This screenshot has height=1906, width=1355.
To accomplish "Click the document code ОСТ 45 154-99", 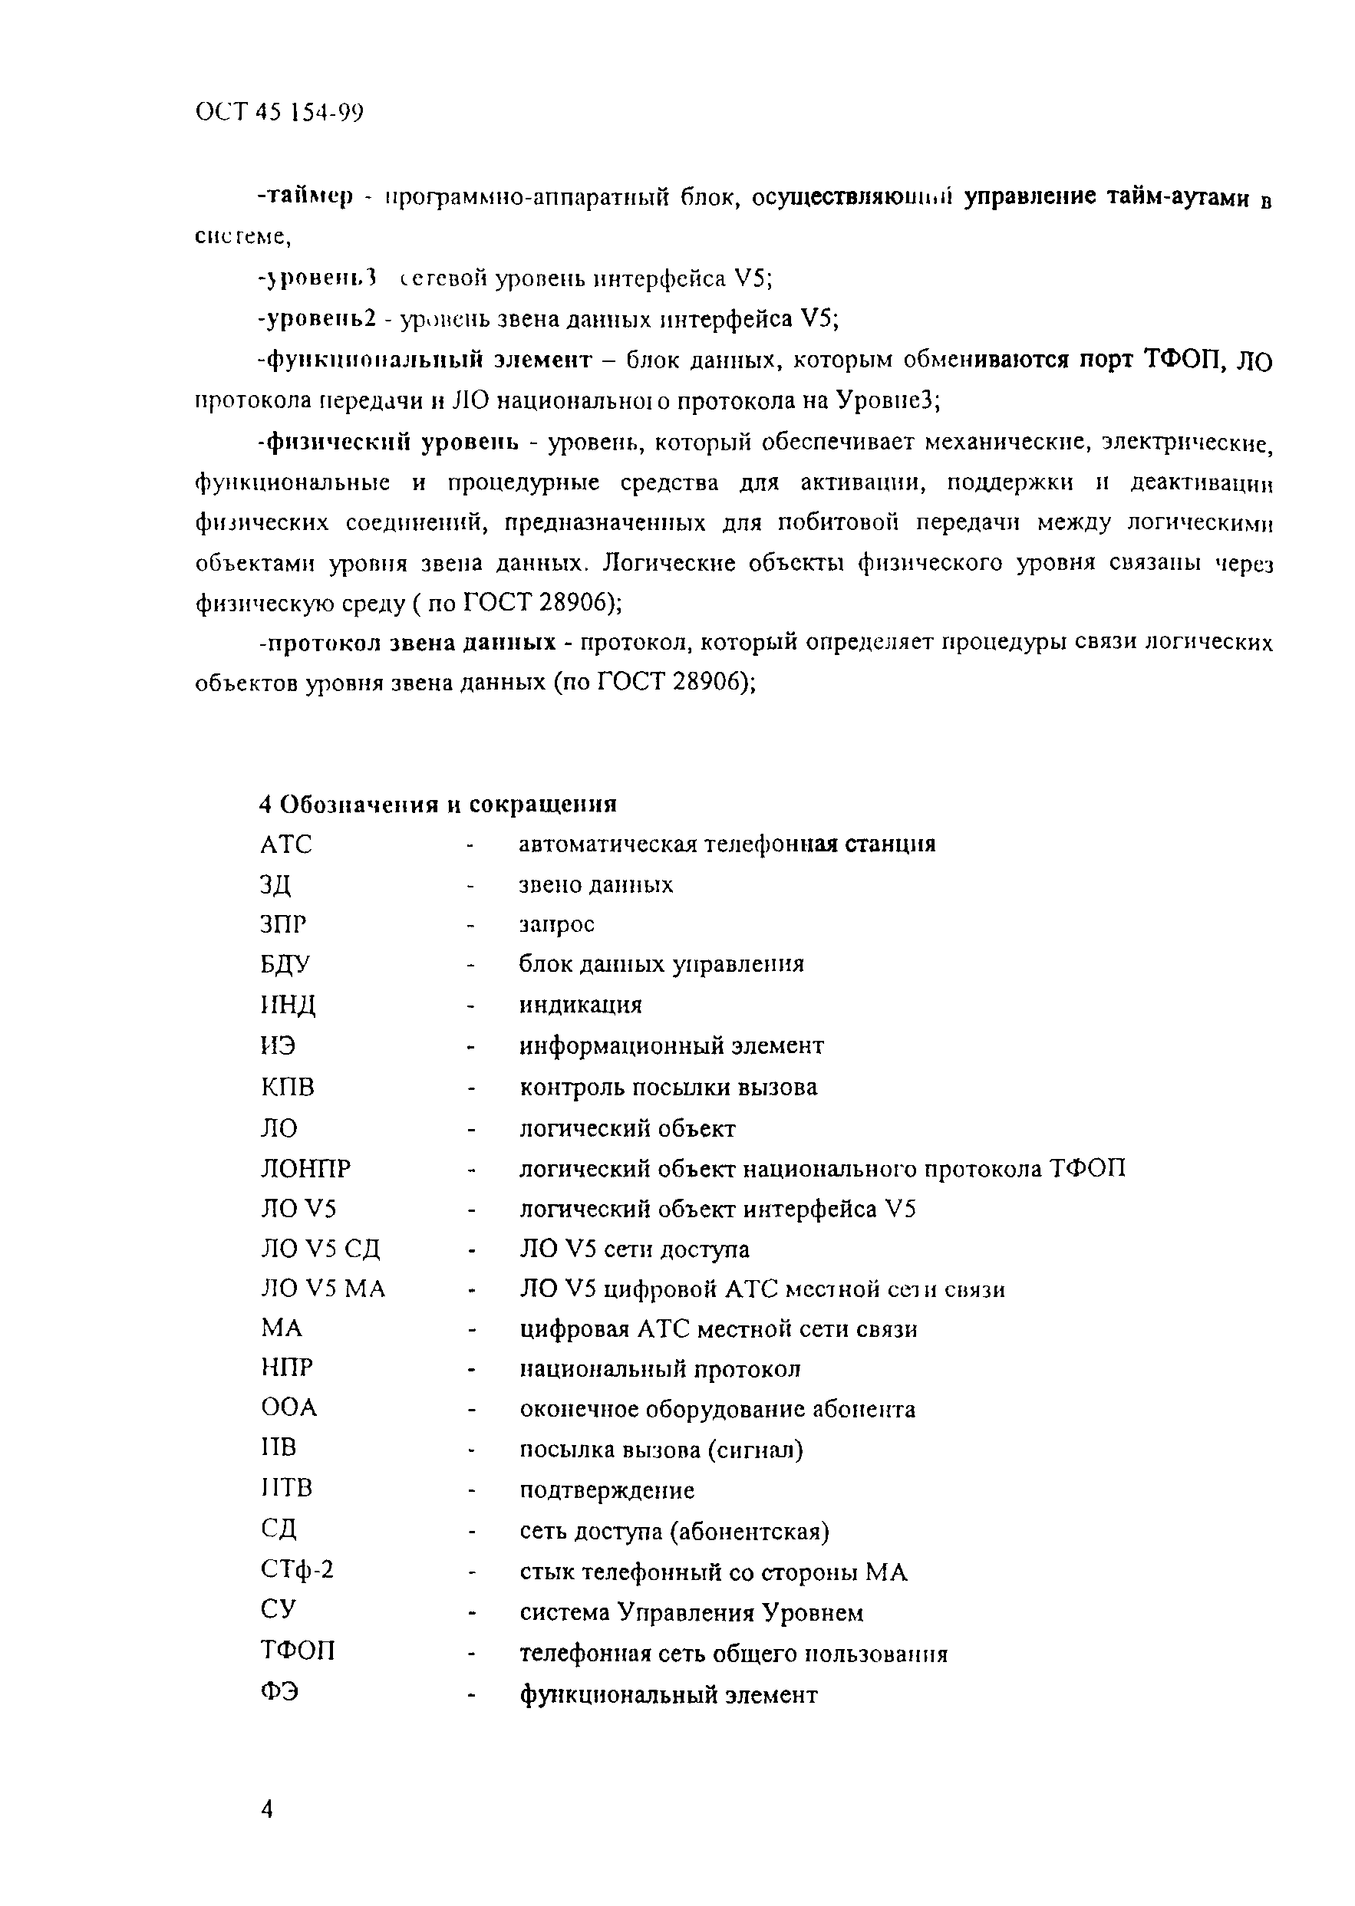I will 279,113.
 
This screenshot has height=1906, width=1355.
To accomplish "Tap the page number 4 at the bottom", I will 267,1810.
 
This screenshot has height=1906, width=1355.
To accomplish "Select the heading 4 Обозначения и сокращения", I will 438,804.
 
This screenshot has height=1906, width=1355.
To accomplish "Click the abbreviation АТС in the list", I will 285,844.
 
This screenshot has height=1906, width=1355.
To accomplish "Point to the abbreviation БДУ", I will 285,964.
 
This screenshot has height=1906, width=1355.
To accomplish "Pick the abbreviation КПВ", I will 287,1087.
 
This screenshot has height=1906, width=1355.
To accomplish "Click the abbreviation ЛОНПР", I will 305,1169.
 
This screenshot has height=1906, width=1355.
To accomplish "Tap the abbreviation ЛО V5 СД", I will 321,1249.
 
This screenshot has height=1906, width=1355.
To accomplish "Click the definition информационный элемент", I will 671,1046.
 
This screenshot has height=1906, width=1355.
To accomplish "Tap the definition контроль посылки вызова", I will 668,1088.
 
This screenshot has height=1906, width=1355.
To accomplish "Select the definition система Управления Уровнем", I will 691,1611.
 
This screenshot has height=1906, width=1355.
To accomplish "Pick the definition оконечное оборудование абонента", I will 717,1409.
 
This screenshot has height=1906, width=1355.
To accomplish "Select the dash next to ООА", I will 471,1411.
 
